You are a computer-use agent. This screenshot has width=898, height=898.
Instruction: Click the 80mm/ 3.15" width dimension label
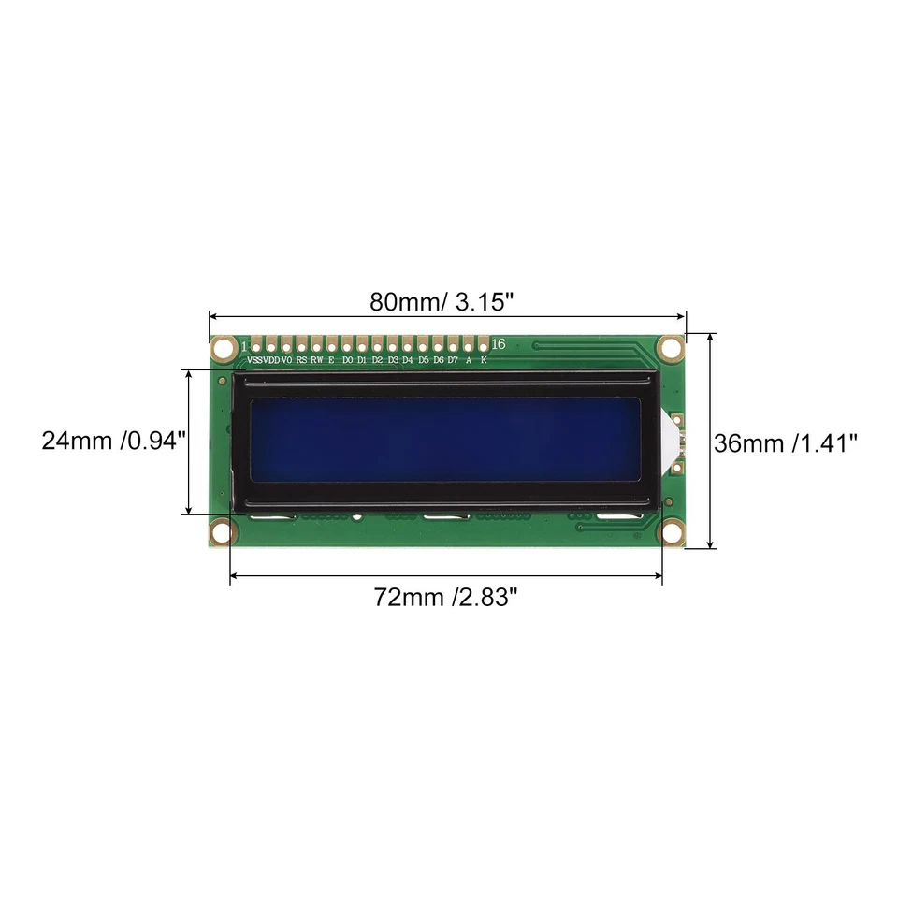pos(442,302)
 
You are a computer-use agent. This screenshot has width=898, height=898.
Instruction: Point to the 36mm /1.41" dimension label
pos(786,442)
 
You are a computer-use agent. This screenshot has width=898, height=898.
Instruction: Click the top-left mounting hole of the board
pos(223,349)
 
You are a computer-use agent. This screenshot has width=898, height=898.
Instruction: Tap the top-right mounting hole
pos(670,348)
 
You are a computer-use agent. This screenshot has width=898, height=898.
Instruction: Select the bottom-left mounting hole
pos(222,532)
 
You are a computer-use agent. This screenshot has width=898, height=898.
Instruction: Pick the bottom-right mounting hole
pos(670,532)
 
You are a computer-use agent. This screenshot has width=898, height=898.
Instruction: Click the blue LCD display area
pos(446,440)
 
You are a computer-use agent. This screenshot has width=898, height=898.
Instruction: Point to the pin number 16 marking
pos(498,344)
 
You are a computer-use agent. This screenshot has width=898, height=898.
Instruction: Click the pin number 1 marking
pos(244,346)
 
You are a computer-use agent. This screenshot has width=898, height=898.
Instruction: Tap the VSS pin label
pos(255,360)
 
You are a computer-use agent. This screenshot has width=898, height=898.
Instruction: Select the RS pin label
pos(301,360)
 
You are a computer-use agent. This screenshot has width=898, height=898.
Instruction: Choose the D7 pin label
pos(453,360)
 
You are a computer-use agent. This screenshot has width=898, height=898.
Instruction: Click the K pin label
pos(484,360)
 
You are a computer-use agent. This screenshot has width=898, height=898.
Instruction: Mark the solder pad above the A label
pos(468,344)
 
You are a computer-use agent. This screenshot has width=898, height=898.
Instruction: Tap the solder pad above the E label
pos(331,344)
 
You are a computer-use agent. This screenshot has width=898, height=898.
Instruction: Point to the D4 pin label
pos(407,360)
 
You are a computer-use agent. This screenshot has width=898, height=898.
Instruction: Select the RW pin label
pos(316,360)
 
